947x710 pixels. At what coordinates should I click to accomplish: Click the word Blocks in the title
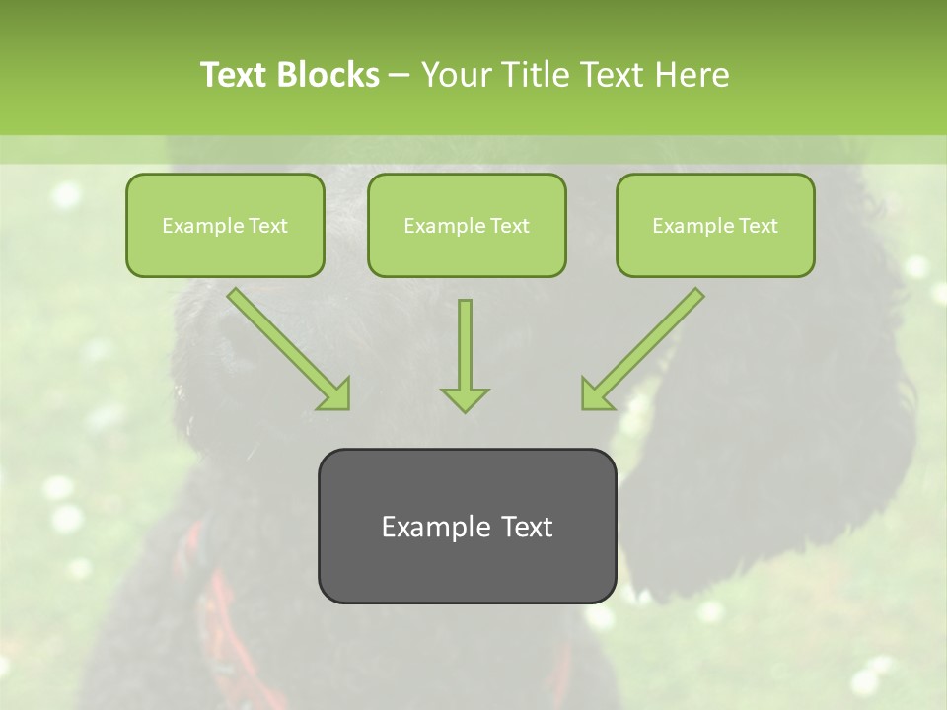click(330, 75)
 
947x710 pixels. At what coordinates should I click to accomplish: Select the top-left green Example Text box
click(225, 226)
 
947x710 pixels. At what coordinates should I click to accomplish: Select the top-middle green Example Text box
click(467, 226)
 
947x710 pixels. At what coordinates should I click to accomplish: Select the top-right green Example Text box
click(715, 226)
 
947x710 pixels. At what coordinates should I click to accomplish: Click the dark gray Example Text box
click(467, 526)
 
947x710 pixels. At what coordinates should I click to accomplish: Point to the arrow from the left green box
click(286, 347)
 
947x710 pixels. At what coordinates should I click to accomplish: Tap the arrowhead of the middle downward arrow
click(465, 398)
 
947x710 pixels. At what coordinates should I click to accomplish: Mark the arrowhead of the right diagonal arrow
click(596, 393)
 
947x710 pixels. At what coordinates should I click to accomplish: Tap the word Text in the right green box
click(758, 226)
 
